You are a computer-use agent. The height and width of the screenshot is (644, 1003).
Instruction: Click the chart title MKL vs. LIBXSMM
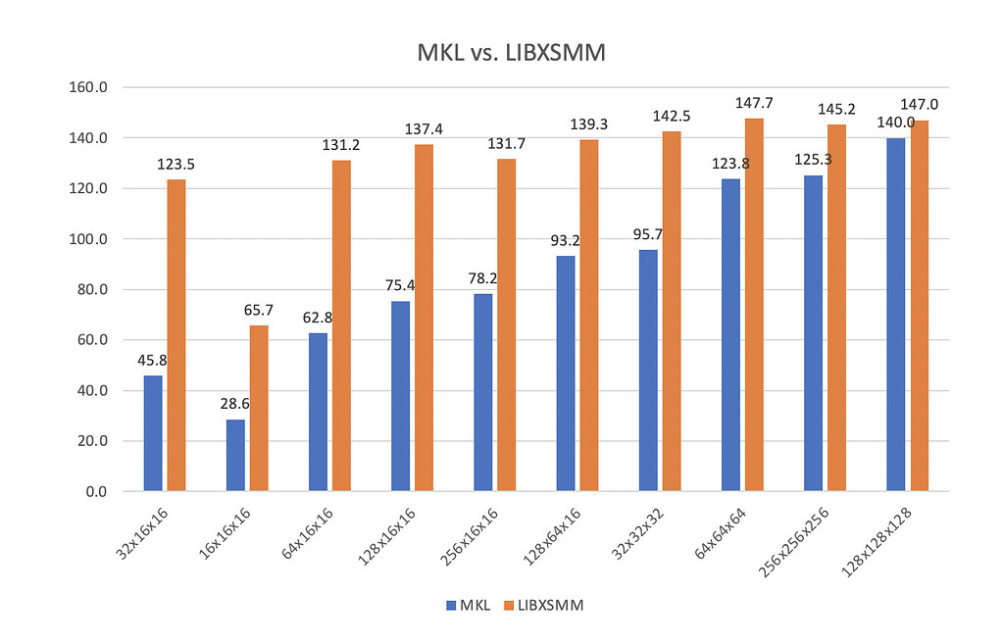[x=501, y=54]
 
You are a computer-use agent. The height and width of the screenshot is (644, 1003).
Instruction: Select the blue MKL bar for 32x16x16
[x=153, y=432]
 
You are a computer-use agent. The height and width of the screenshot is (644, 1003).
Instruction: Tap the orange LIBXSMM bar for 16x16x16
[x=259, y=408]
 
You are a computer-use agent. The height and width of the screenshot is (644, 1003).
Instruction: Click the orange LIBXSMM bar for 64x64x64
[x=754, y=304]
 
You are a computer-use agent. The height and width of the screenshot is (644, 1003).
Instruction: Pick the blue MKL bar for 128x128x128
[x=895, y=314]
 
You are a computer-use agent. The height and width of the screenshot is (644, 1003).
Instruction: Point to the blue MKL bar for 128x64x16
[x=566, y=372]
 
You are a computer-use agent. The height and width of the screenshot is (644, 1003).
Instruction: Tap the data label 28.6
[x=235, y=404]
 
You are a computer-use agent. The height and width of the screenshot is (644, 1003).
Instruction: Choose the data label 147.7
[x=754, y=103]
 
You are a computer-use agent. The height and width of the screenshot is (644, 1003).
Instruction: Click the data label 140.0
[x=895, y=123]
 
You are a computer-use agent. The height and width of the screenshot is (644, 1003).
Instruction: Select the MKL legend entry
[x=472, y=605]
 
